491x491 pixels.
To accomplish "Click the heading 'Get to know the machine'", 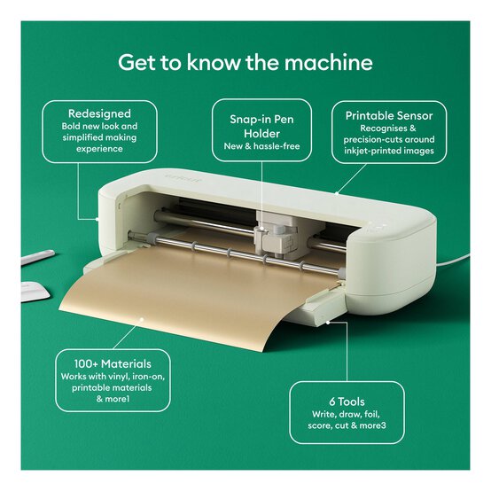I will click(x=245, y=63).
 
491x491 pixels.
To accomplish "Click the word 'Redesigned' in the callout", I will click(x=99, y=113).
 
